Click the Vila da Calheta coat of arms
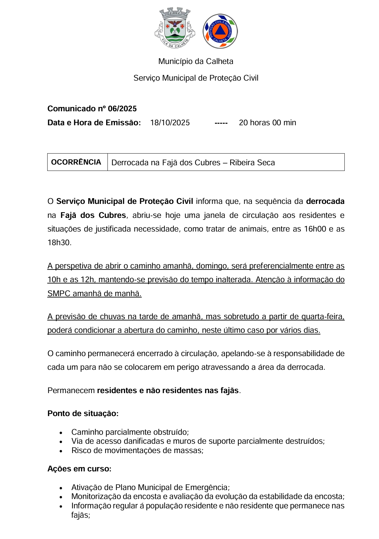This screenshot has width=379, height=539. [174, 28]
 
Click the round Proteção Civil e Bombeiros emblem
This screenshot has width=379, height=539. [220, 31]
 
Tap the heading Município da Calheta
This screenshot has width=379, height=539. [196, 61]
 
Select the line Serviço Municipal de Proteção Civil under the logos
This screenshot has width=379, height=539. [196, 78]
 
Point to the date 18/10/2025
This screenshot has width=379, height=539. [170, 123]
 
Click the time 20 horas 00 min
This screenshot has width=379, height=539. [267, 123]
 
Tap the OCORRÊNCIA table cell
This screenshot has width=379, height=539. [76, 162]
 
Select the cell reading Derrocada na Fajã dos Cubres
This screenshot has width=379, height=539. [193, 163]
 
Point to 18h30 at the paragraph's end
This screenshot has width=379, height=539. [59, 243]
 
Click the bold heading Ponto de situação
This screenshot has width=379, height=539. [83, 413]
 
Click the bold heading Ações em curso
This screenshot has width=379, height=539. [79, 469]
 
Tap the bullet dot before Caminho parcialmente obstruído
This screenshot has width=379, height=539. [61, 433]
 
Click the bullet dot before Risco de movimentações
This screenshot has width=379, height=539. [61, 451]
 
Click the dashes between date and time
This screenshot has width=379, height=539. [221, 123]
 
